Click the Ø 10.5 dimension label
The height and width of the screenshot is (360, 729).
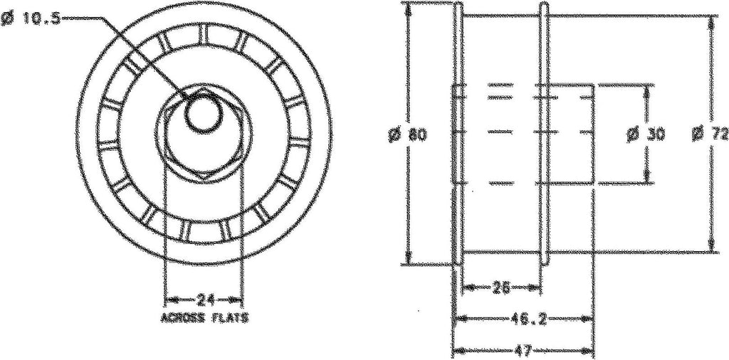point(31,21)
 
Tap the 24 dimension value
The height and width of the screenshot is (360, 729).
point(204,298)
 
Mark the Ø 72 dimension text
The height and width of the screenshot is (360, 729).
point(711,133)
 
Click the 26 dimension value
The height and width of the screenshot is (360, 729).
point(501,287)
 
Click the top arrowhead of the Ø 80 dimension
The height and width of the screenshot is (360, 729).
point(408,6)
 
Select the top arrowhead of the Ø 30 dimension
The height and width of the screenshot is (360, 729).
point(646,88)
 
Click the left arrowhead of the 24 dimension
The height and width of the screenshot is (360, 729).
point(169,298)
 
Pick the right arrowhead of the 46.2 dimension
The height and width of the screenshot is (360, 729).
point(590,319)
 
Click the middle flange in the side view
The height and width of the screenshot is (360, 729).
point(543,133)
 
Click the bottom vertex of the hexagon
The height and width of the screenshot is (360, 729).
point(204,175)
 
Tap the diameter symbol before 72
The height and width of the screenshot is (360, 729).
point(700,133)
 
